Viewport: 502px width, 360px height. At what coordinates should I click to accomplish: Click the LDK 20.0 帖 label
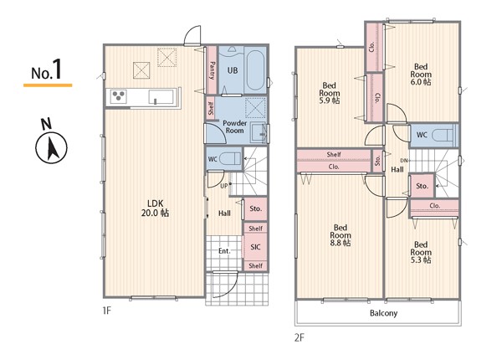(x=156, y=208)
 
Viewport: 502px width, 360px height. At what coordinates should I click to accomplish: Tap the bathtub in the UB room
(x=255, y=70)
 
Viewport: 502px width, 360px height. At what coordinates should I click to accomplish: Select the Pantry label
(x=212, y=70)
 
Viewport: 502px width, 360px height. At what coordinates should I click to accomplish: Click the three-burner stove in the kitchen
(x=119, y=96)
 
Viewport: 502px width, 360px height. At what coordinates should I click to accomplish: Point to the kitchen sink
(x=161, y=97)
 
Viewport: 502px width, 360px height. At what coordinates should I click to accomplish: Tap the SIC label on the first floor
(x=255, y=247)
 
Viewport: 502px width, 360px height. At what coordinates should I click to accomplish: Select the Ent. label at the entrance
(x=224, y=251)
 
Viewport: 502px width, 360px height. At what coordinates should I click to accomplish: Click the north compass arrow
(x=51, y=148)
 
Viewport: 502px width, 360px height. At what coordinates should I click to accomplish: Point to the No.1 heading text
(x=46, y=70)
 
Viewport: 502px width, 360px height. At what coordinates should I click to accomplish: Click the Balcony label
(x=383, y=313)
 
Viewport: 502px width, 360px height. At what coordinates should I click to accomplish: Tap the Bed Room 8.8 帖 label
(x=341, y=235)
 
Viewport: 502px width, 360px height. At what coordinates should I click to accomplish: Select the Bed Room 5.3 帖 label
(x=421, y=252)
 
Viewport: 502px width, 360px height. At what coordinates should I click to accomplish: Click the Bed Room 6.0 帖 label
(x=421, y=75)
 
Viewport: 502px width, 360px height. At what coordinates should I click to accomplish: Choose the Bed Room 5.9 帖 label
(x=330, y=93)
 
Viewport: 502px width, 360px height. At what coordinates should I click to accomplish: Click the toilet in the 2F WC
(x=443, y=135)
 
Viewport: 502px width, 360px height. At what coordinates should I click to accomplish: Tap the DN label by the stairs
(x=404, y=161)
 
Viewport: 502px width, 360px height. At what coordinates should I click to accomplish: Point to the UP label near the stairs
(x=223, y=186)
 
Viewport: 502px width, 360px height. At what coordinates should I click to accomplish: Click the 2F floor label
(x=300, y=338)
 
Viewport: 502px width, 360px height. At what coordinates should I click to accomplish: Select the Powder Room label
(x=234, y=126)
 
